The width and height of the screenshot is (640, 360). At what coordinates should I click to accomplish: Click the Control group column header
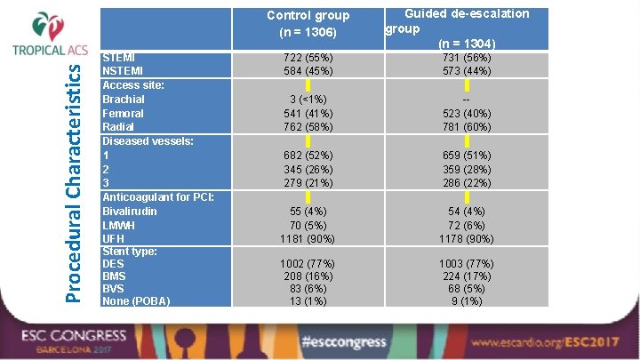tap(308, 23)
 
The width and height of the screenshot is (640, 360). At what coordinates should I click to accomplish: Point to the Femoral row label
tap(124, 114)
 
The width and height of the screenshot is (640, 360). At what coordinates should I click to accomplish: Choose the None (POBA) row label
tap(136, 300)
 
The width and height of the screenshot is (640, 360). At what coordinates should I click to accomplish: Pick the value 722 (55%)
tap(308, 57)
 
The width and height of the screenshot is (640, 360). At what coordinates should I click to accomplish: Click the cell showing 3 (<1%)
tap(308, 100)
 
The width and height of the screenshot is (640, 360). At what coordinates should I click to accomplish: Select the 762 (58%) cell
tap(308, 127)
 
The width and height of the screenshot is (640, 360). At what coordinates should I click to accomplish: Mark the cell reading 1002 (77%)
tap(308, 264)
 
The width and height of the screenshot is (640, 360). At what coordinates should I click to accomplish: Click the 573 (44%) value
tap(466, 70)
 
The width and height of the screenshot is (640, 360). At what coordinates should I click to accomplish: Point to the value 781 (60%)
tap(466, 127)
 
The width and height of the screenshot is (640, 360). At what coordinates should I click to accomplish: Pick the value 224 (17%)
tap(466, 276)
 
